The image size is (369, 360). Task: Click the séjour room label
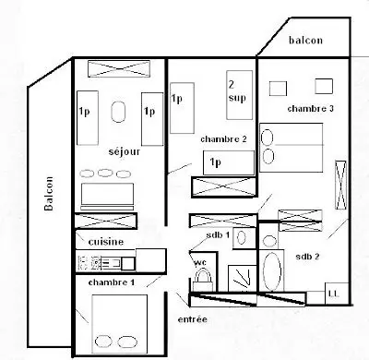125,151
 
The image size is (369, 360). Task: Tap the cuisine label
106,242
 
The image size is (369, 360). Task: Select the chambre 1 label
112,282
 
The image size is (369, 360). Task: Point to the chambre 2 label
223,139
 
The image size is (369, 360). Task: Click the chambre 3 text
311,108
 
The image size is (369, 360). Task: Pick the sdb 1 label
218,235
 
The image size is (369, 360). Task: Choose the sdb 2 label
307,257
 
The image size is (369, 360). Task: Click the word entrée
193,319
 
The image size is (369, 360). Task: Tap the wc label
200,262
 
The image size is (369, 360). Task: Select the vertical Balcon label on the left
49,194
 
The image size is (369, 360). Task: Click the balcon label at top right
305,40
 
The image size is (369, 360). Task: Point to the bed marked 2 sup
240,95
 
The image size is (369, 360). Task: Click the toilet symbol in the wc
203,279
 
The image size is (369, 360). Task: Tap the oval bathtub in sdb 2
272,271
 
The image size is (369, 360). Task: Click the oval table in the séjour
118,112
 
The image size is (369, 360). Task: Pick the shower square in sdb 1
242,278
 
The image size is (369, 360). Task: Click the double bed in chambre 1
120,324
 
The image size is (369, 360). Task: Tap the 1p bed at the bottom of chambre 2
229,162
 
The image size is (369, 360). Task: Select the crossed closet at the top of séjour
119,68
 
